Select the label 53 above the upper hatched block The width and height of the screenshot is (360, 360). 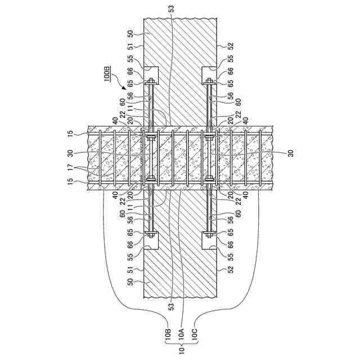(170, 9)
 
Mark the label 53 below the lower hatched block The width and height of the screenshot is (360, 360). (170, 307)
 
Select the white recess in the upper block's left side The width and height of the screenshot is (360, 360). (151, 74)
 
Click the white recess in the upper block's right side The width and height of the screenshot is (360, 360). (209, 74)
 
